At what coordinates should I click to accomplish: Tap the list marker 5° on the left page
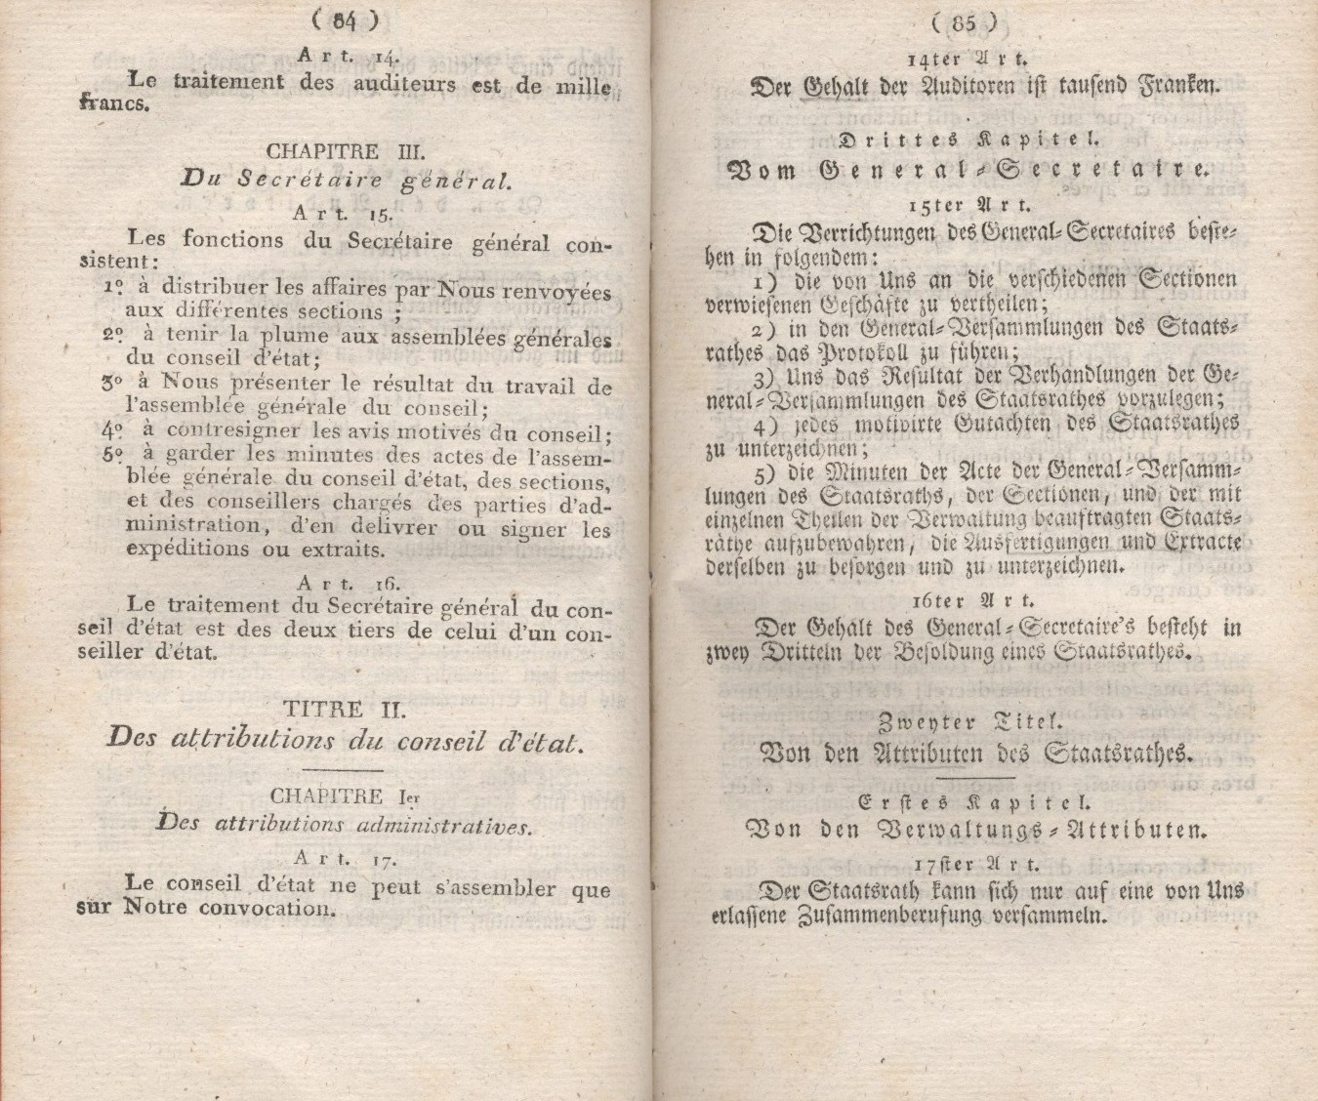114,455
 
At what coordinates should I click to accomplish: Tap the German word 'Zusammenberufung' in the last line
884,916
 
